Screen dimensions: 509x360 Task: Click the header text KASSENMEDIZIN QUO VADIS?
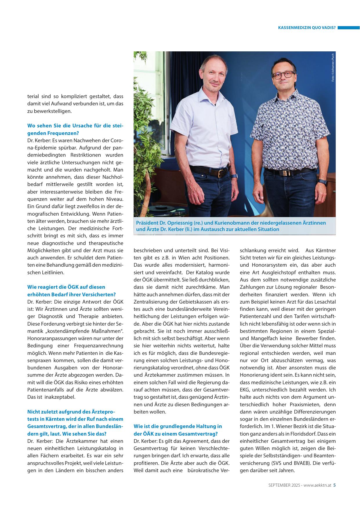click(307, 28)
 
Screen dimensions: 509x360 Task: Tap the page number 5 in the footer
click(334, 485)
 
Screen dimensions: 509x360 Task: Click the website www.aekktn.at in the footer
click(317, 485)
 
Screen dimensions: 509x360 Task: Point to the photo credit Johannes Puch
click(333, 67)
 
